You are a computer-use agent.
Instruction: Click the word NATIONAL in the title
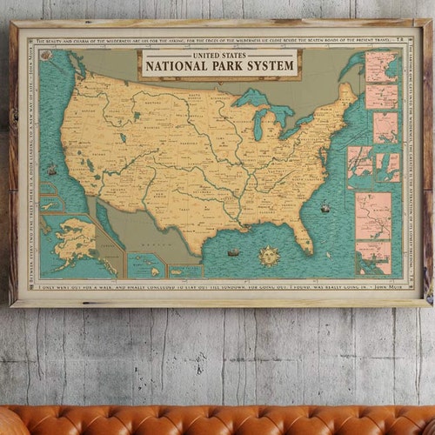[176, 66]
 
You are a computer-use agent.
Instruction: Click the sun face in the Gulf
[269, 256]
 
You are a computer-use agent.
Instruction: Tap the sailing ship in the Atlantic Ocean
[325, 207]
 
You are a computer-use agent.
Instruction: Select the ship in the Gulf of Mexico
[233, 252]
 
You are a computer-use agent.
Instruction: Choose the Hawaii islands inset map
[145, 265]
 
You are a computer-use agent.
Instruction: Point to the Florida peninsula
[302, 231]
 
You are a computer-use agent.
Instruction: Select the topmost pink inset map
[381, 67]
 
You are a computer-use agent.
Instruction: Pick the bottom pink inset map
[374, 258]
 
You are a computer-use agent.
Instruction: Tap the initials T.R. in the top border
[398, 40]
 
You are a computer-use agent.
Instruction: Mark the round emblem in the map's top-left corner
[46, 55]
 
